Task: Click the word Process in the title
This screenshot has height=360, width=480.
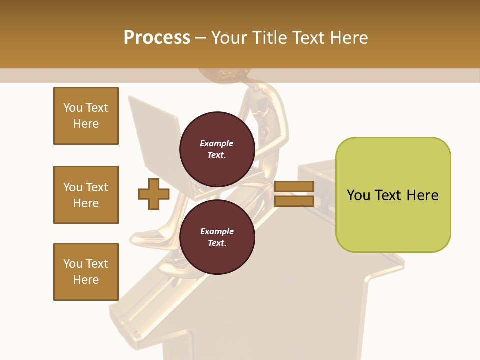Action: (157, 38)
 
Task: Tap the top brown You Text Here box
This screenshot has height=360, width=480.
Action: (86, 116)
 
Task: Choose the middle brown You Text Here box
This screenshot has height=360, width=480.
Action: (86, 195)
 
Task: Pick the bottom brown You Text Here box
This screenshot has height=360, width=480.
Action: (86, 272)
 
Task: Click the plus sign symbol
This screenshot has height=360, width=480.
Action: (153, 194)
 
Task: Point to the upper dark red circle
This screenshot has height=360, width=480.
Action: (217, 149)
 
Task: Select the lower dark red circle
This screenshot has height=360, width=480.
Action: (217, 237)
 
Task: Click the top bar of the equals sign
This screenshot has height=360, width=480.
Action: (294, 186)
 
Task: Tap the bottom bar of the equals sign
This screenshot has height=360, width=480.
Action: (294, 201)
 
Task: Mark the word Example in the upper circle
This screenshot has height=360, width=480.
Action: (217, 143)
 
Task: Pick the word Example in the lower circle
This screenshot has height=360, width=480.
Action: (217, 231)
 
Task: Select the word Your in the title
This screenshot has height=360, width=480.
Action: (229, 38)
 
